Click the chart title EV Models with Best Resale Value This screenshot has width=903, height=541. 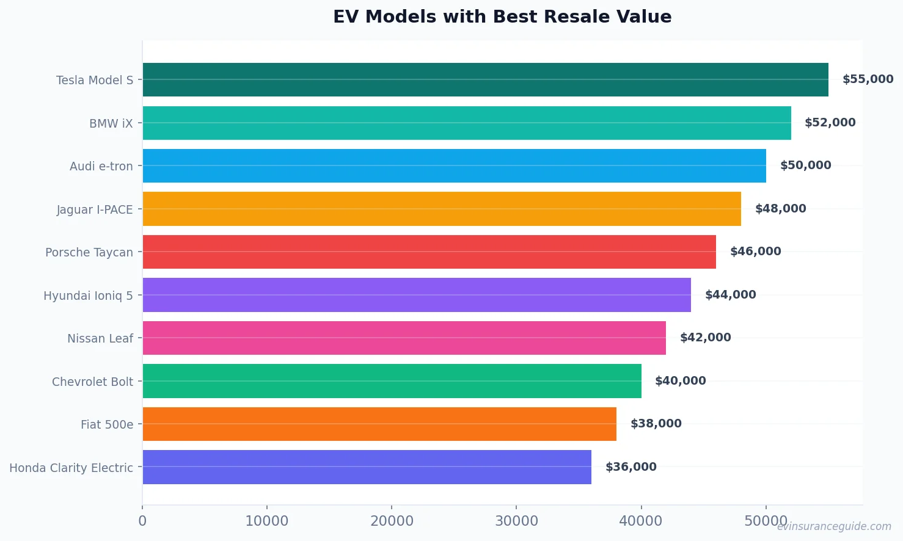502,16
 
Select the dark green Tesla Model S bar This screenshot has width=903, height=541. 485,79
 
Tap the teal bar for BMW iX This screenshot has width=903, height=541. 467,123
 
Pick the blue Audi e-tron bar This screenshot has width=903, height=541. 454,165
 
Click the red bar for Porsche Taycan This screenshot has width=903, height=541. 429,252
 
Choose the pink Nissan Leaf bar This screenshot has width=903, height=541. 404,338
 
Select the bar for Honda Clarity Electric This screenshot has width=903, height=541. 367,467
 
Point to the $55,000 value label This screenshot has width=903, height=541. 868,79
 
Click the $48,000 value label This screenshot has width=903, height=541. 780,209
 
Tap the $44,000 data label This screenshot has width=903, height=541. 730,295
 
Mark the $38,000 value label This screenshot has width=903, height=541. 656,424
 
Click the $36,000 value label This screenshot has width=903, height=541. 631,467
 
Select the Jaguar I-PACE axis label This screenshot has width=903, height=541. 95,209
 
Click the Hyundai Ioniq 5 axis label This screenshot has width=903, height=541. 88,296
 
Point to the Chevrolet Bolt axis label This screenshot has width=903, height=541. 92,382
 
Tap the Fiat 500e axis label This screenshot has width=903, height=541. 107,424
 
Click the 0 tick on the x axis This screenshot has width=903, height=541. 142,521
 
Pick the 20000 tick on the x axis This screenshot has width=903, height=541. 392,521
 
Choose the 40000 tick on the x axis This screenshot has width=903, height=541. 640,521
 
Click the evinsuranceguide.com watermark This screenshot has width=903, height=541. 834,526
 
